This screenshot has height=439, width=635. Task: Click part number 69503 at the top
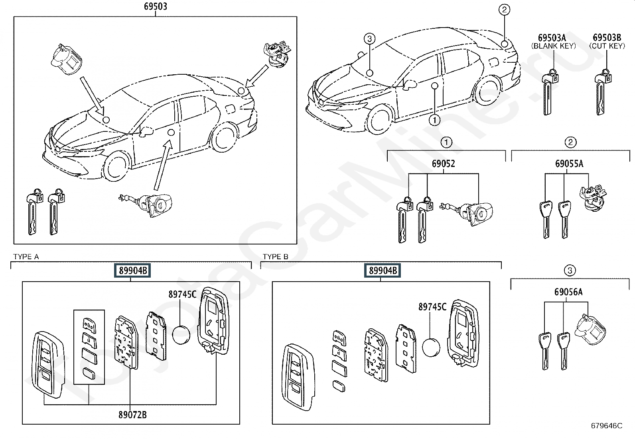click(155, 6)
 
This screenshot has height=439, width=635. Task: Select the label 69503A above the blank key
click(552, 38)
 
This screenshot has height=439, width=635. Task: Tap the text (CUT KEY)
click(607, 46)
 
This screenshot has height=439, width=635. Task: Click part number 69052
click(444, 163)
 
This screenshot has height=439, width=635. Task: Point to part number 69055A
click(569, 163)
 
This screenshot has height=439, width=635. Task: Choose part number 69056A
click(568, 292)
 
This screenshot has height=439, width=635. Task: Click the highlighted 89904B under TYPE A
click(133, 270)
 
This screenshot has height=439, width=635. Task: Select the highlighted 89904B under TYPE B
click(383, 270)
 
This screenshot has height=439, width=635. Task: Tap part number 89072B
click(132, 415)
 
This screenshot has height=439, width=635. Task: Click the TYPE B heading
click(275, 257)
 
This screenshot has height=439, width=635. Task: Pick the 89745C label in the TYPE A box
click(182, 294)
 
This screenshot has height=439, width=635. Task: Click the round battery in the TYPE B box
click(431, 347)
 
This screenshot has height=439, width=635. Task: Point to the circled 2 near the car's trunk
click(504, 10)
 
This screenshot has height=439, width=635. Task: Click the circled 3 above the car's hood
click(369, 38)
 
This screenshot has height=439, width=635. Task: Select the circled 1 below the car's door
click(435, 120)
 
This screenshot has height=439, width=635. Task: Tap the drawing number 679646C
click(606, 426)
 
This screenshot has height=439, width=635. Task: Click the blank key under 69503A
click(550, 92)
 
